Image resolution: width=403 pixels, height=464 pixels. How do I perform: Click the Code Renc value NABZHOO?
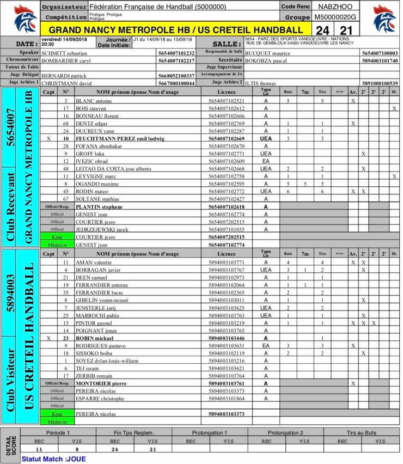pyautogui.click(x=335, y=7)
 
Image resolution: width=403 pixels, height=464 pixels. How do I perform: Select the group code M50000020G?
pyautogui.click(x=335, y=17)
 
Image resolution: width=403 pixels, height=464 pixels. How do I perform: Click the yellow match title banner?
pyautogui.click(x=175, y=29)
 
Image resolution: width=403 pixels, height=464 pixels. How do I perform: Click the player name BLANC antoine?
pyautogui.click(x=94, y=101)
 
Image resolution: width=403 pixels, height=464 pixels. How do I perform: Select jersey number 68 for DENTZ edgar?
pyautogui.click(x=65, y=124)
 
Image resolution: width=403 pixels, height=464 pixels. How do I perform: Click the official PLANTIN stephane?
pyautogui.click(x=99, y=207)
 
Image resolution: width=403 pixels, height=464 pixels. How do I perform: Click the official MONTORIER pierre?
pyautogui.click(x=101, y=383)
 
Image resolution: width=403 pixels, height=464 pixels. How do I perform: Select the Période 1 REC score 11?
pyautogui.click(x=39, y=449)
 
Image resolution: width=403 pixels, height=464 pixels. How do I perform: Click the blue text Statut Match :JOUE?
pyautogui.click(x=53, y=459)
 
